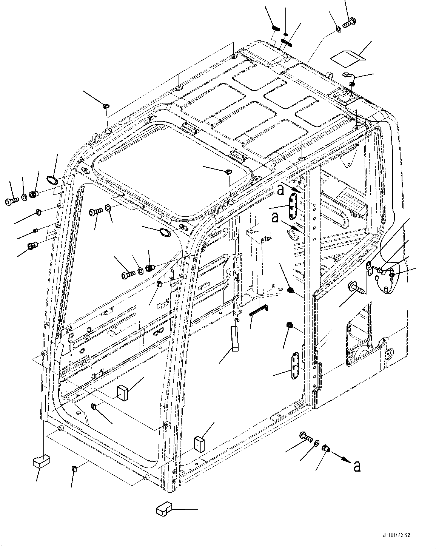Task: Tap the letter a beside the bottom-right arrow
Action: (357, 466)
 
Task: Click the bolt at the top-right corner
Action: (350, 22)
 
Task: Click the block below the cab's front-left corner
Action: (41, 461)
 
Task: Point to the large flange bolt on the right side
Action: (356, 287)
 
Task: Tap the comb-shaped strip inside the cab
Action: (259, 310)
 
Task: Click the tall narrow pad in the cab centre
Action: (234, 338)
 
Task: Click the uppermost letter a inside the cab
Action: (280, 190)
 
